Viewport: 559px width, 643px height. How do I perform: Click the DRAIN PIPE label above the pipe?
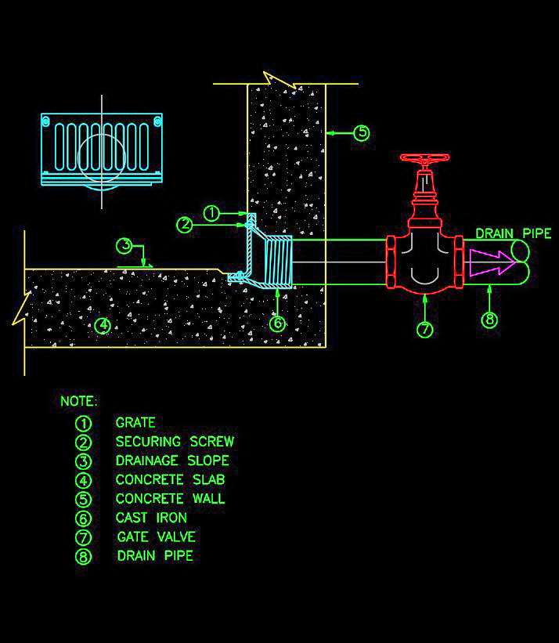[x=513, y=233]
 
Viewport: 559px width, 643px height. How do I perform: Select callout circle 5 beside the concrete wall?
[x=361, y=133]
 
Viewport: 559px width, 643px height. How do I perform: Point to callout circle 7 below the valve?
[x=424, y=330]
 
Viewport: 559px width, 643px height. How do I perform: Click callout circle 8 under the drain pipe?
[x=489, y=320]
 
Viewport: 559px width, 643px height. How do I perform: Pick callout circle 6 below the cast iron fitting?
[x=278, y=322]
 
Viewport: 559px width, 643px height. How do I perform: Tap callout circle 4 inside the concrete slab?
[x=103, y=325]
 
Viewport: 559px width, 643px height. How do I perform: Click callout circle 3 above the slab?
[x=125, y=246]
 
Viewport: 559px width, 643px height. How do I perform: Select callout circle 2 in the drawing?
[x=185, y=225]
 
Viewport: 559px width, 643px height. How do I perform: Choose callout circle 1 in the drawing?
[x=211, y=212]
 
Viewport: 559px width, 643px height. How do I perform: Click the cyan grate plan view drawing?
[x=102, y=149]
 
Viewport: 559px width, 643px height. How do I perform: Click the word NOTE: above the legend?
[x=79, y=402]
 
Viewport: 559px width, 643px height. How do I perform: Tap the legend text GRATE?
[x=135, y=423]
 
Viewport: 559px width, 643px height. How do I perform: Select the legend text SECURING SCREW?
[x=175, y=442]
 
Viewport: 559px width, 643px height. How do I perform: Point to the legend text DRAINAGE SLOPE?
[x=172, y=461]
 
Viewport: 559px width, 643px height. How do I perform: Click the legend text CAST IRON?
[x=151, y=518]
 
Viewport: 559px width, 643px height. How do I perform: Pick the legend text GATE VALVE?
[x=156, y=536]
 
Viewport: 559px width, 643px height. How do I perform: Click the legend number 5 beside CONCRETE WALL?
[x=84, y=499]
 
